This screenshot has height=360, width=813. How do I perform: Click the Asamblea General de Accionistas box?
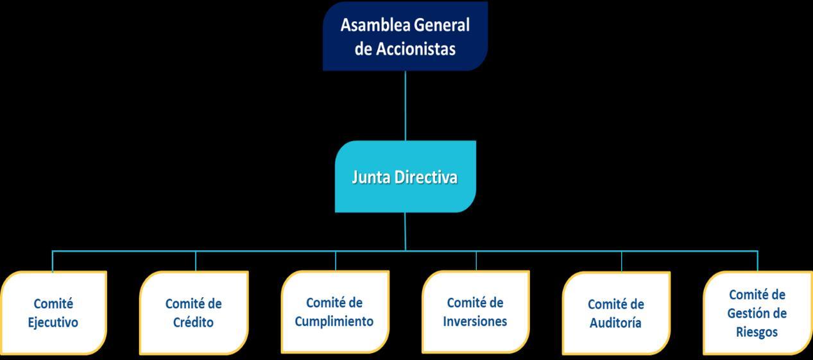pos(405,36)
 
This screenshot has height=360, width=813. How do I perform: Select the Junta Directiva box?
pos(405,176)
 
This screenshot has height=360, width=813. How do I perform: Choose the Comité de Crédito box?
pos(193,313)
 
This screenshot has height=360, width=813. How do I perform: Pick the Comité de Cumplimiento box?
pos(334,311)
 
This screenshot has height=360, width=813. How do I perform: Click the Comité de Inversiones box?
pos(475,311)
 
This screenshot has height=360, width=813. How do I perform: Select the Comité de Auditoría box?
pos(616,313)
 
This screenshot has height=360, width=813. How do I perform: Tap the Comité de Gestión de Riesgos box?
pos(757,313)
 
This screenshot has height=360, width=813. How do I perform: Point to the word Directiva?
pos(431,177)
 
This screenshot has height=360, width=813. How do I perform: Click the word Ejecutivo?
pos(53,322)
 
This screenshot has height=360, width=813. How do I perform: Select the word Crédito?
pos(193,322)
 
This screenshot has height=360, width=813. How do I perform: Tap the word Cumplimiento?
pos(334,321)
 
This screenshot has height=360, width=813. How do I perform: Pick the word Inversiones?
pos(475,321)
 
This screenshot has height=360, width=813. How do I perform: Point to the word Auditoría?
pos(616,323)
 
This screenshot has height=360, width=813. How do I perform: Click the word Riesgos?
pos(757,332)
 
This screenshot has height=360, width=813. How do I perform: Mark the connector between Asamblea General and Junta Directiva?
pos(405,105)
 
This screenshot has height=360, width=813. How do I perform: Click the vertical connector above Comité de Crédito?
pos(196,261)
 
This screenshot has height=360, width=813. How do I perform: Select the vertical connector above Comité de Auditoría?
pos(621,261)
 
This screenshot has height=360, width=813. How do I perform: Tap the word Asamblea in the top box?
pos(375,25)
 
